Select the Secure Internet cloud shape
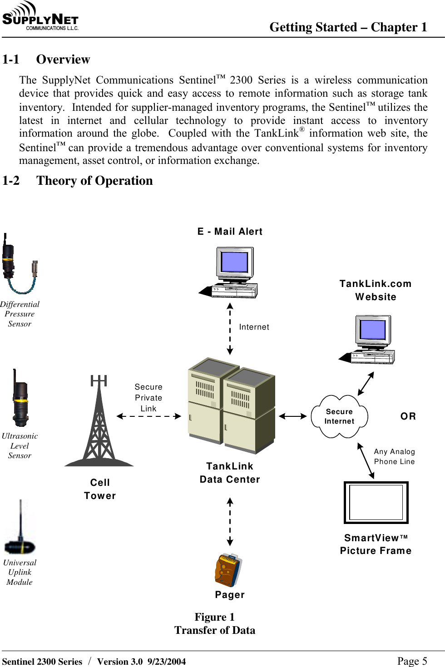pyautogui.click(x=339, y=416)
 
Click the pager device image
pyautogui.click(x=228, y=571)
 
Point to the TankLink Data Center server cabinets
pyautogui.click(x=231, y=405)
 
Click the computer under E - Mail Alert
pyautogui.click(x=231, y=272)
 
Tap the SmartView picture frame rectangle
pyautogui.click(x=376, y=503)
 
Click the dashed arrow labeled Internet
pyautogui.click(x=230, y=329)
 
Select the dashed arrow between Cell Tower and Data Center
pyautogui.click(x=148, y=416)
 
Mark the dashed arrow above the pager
pyautogui.click(x=230, y=521)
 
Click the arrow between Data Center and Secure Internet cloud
pyautogui.click(x=293, y=416)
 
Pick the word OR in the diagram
pyautogui.click(x=408, y=416)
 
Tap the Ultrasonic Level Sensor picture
pyautogui.click(x=20, y=398)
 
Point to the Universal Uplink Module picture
pyautogui.click(x=20, y=529)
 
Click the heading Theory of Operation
pyautogui.click(x=94, y=181)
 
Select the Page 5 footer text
pyautogui.click(x=412, y=661)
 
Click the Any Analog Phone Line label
pyautogui.click(x=394, y=457)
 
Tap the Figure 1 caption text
pyautogui.click(x=214, y=617)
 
